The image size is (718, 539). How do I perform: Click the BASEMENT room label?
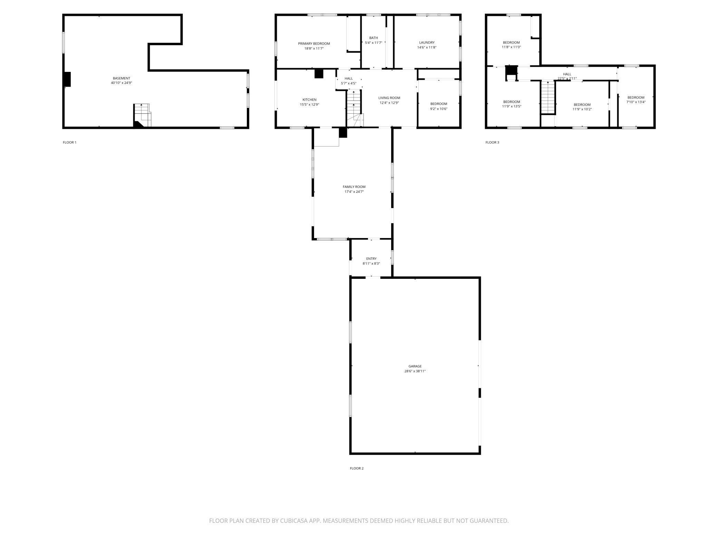click(121, 78)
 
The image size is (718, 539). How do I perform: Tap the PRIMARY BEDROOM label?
click(314, 44)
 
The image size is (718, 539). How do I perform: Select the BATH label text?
click(373, 38)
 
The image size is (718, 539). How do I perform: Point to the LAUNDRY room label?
click(427, 42)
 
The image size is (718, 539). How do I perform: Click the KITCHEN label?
click(309, 100)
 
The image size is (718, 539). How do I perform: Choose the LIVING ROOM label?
click(389, 98)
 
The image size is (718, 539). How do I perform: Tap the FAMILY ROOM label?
click(354, 187)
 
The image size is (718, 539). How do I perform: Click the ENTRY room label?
click(371, 258)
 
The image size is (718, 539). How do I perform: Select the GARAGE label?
click(415, 366)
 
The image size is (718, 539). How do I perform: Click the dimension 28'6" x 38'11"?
click(415, 371)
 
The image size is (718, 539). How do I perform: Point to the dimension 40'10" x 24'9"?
click(121, 83)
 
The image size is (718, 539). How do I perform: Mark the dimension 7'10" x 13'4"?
click(636, 102)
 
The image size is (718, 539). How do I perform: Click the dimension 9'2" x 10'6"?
click(439, 108)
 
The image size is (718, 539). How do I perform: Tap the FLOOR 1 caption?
click(69, 142)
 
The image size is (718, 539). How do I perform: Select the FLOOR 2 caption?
click(357, 468)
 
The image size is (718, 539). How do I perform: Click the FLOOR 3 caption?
click(492, 142)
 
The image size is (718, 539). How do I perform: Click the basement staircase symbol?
click(143, 115)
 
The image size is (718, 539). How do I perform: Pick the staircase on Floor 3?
click(548, 97)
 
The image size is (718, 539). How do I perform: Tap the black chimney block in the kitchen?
click(319, 74)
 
